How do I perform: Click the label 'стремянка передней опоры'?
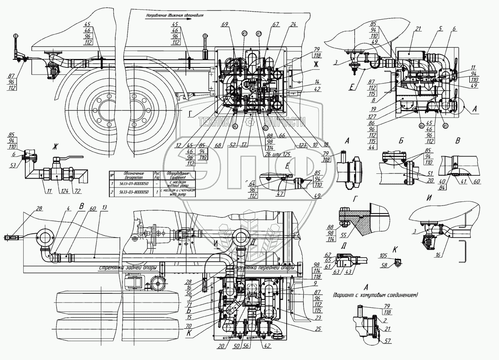point(263,267)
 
